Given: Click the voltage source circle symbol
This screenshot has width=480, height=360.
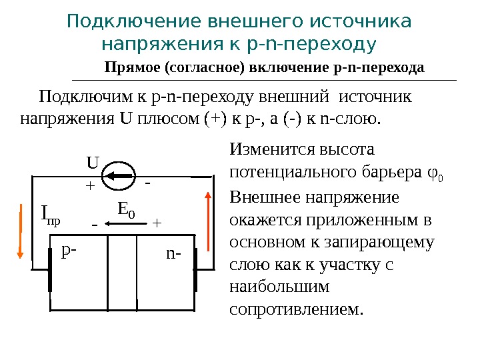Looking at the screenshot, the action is [122, 176].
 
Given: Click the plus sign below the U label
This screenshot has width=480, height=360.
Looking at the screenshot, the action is [89, 187].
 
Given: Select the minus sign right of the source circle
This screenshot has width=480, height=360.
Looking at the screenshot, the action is [148, 181].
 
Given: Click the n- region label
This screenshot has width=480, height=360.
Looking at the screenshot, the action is [173, 253].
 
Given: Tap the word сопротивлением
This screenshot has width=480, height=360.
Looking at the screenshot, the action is [297, 309].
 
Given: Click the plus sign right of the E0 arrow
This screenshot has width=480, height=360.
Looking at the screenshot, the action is [157, 224].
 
